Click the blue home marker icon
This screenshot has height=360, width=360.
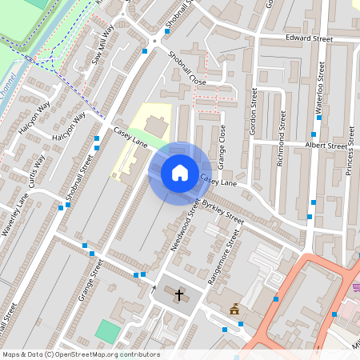(x=180, y=173)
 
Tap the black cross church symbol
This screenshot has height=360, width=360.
(x=179, y=295)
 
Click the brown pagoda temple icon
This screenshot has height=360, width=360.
(x=235, y=309)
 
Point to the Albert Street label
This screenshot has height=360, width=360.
(x=326, y=146)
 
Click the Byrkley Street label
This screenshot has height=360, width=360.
(x=223, y=212)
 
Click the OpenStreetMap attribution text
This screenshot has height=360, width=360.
(x=80, y=354)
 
